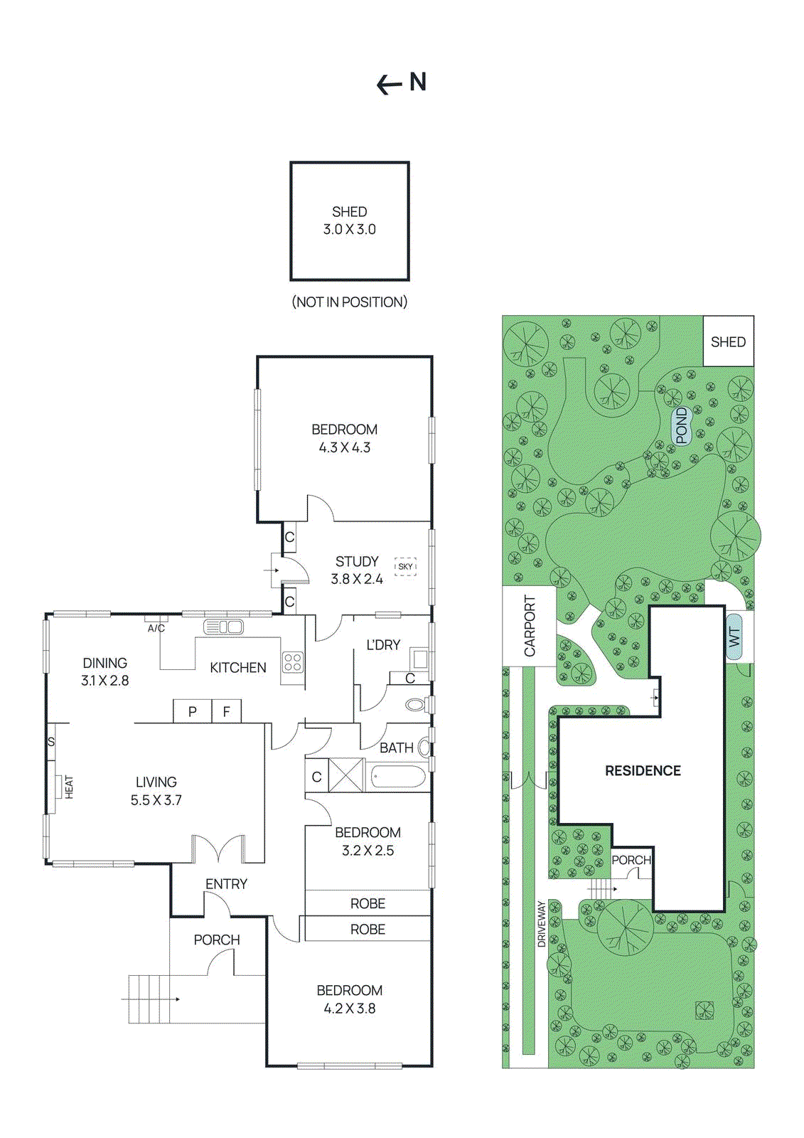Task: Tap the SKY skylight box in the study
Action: (405, 567)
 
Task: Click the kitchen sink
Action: (223, 627)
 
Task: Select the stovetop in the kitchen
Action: (293, 662)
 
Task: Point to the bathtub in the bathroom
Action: (398, 776)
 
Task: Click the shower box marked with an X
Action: (346, 776)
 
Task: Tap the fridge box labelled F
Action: (227, 711)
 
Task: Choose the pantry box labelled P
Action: (193, 711)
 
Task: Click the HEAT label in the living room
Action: (69, 787)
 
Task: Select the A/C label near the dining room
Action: (156, 629)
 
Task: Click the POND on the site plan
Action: (682, 425)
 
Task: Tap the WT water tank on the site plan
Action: (734, 637)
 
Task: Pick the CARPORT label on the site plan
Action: (530, 626)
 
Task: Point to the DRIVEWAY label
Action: (542, 924)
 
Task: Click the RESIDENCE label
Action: (643, 771)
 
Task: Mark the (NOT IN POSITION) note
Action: (350, 302)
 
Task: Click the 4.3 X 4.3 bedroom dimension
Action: (345, 448)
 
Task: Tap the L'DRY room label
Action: (383, 645)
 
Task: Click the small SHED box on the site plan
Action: (729, 342)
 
